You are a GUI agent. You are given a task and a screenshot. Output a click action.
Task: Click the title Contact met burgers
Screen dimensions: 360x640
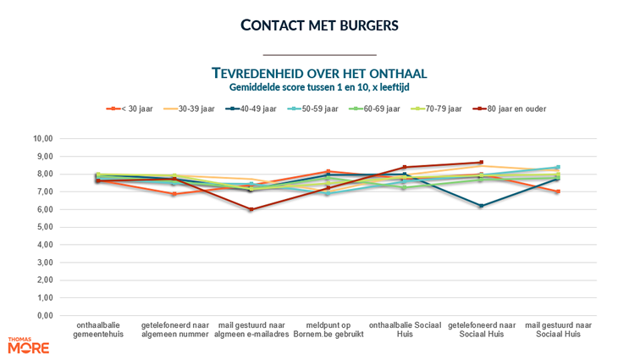(319, 25)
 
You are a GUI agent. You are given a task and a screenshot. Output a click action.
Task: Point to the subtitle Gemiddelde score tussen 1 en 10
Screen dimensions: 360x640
(319, 86)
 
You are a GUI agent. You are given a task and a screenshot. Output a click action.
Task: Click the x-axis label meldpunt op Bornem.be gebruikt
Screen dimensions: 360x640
(327, 330)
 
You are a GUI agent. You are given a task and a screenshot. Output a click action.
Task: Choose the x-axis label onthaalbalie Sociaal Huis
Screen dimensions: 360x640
(404, 330)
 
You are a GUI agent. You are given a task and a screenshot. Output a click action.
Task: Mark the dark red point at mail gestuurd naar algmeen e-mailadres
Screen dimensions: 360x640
(251, 209)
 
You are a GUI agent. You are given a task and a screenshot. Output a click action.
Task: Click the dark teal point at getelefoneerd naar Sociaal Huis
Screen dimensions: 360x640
(481, 206)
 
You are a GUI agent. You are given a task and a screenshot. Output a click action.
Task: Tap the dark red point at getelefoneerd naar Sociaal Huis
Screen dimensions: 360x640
(481, 163)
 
